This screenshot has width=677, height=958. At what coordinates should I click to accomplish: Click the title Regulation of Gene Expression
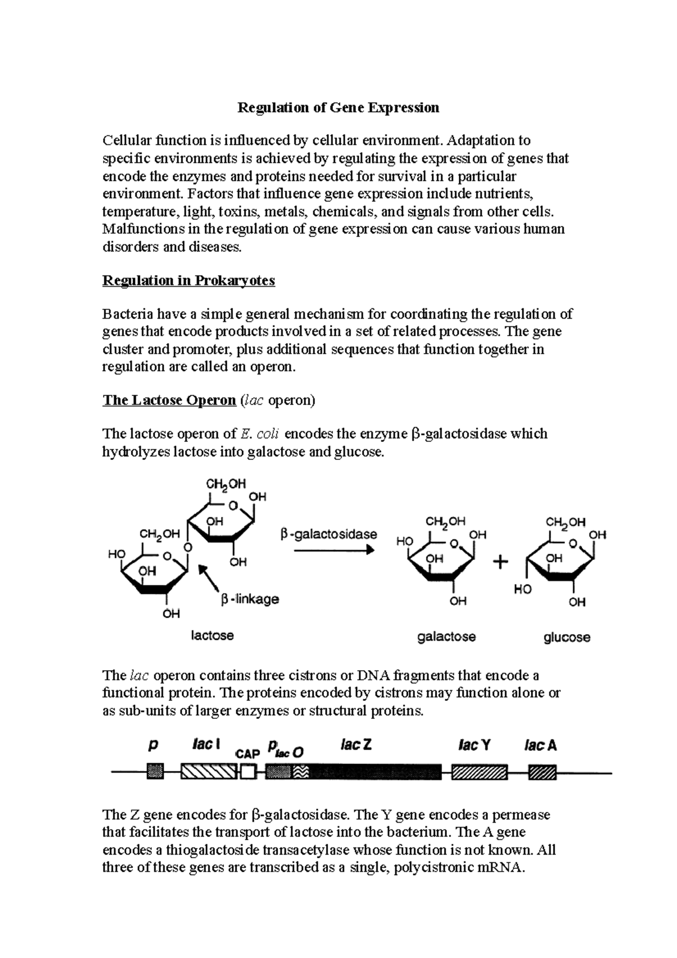pos(338,107)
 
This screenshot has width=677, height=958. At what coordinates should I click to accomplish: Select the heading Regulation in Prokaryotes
pos(188,280)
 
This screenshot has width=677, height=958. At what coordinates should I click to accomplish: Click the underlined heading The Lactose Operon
pos(169,400)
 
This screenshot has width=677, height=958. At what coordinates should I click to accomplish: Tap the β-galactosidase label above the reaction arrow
pos(329,534)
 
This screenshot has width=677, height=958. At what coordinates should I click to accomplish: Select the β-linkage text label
pos(250,599)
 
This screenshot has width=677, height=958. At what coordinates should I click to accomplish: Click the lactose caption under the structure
pos(212,635)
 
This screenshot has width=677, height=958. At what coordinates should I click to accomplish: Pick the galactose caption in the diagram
pos(446,636)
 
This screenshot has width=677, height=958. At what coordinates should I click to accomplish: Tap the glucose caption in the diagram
pos(567,638)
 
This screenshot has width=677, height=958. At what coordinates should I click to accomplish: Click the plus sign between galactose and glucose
pos(500,563)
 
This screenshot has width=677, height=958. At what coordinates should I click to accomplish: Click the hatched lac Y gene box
pos(480,772)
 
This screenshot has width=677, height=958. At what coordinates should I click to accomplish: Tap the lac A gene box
pos(542,772)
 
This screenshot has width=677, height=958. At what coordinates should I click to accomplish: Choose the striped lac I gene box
pos(209,772)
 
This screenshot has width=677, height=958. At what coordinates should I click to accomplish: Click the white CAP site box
pos(248,772)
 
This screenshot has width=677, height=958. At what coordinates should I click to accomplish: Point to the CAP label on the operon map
pos(247,754)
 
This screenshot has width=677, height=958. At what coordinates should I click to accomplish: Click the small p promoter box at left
pos(155,772)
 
